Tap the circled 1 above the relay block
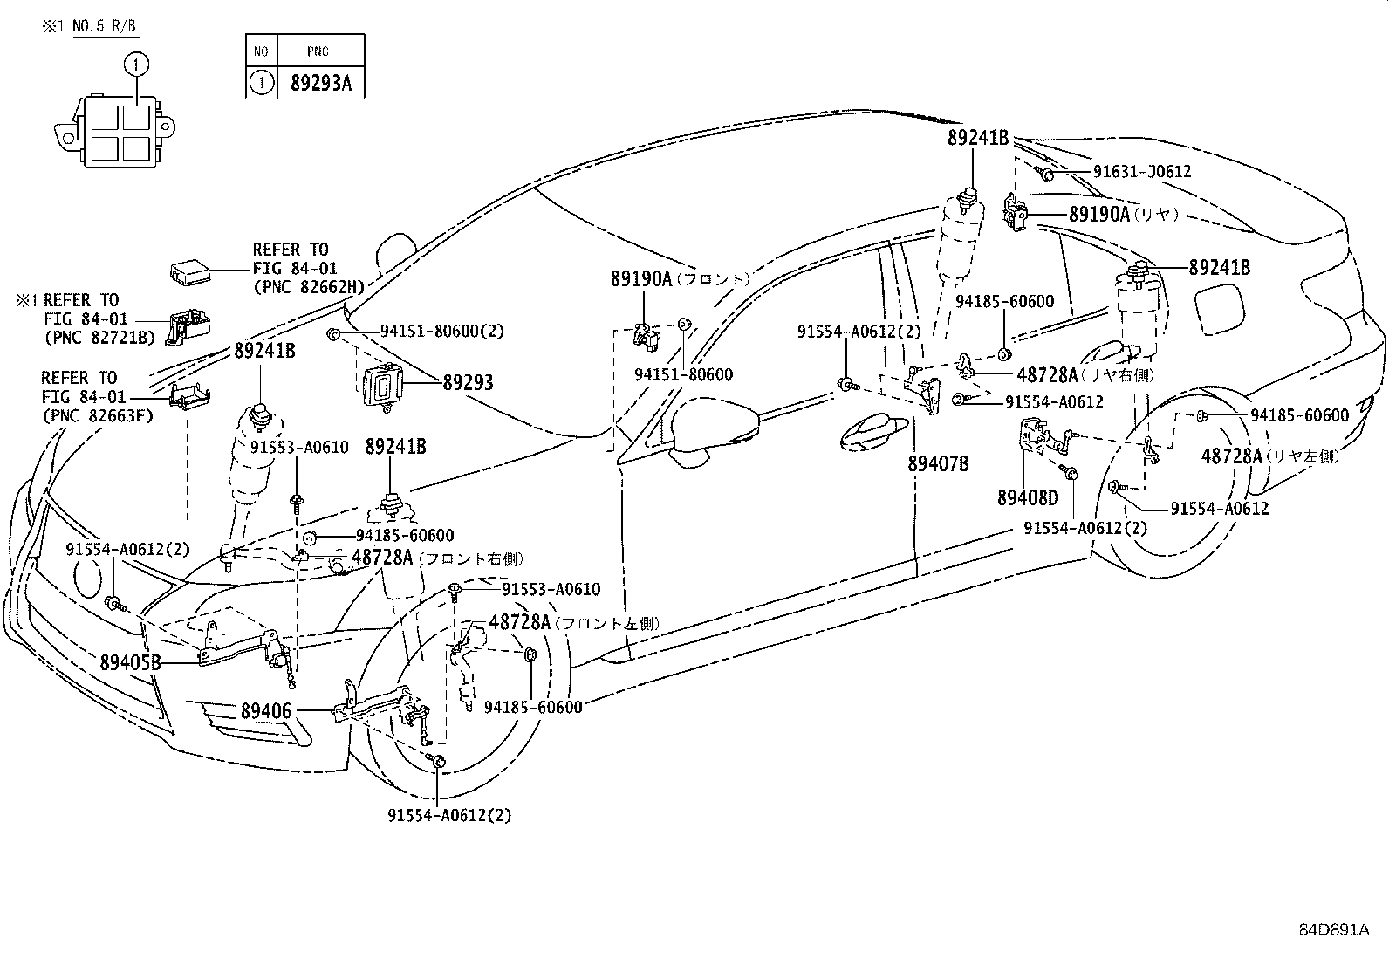136,63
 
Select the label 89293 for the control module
468,382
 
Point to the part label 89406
265,711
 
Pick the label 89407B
938,463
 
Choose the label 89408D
1028,497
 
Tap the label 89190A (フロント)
680,279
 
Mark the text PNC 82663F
97,415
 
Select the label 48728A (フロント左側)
573,623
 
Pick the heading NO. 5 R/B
104,26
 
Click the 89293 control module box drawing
383,384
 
